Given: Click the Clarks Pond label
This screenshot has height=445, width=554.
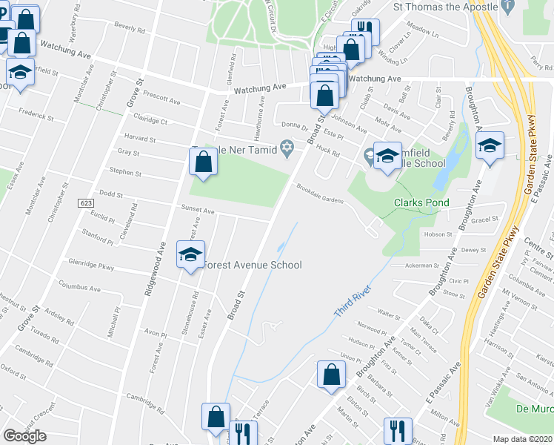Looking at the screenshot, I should (x=418, y=202).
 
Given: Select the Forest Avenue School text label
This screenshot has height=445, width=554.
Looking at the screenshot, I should (x=252, y=265).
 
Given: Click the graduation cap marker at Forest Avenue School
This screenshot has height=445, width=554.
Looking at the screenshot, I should (x=190, y=255).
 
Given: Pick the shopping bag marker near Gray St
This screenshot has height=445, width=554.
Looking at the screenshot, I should (x=203, y=161).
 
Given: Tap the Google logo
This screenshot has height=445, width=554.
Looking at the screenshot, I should (x=24, y=436).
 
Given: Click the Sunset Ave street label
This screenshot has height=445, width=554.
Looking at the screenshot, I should (x=198, y=211).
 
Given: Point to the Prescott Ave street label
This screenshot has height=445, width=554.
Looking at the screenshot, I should (x=162, y=100).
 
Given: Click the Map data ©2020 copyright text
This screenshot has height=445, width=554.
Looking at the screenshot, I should (x=523, y=439).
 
